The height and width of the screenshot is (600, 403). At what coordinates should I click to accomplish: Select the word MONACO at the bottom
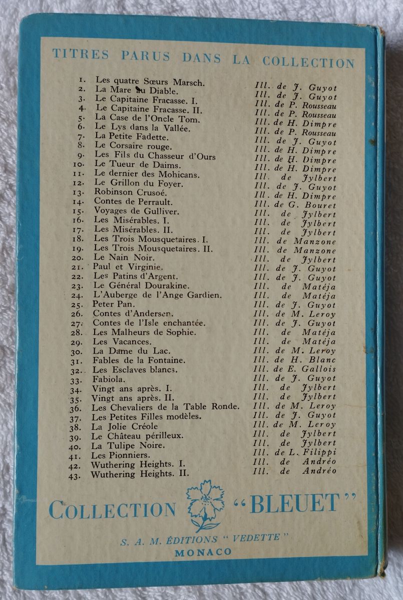coord(203,551)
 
